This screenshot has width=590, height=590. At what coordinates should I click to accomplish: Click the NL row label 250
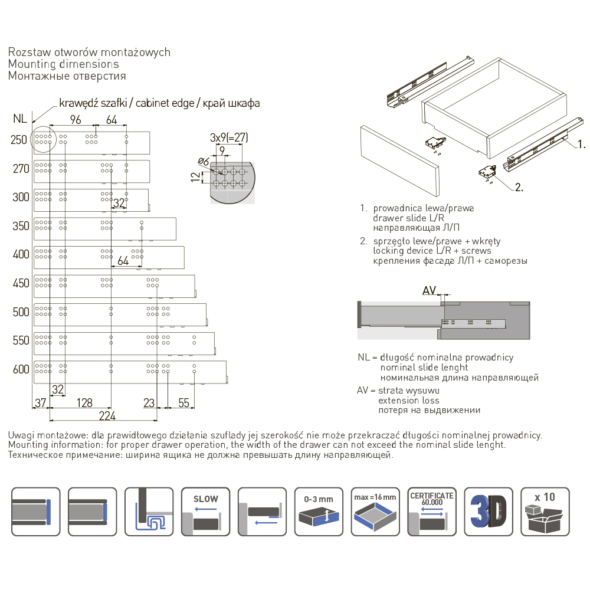pos(20,140)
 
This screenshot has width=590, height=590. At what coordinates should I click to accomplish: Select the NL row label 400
pos(21,254)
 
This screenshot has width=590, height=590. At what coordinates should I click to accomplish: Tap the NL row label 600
pos(21,369)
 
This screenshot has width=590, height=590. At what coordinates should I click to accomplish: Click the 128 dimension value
pos(84,402)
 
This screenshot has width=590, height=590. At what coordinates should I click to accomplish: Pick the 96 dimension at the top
pos(75,119)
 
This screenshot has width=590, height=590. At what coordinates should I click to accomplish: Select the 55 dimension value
pos(183,402)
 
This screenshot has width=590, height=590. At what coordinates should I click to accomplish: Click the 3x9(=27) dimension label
pos(229,137)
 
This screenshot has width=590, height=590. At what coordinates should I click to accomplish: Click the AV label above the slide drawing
pos(429,290)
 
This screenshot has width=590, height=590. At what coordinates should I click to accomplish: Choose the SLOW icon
pos(205,511)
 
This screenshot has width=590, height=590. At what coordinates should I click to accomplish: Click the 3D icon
pos(489,511)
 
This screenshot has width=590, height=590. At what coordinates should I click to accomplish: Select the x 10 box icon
pos(545,511)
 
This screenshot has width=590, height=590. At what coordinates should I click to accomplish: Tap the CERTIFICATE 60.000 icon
pos(432,511)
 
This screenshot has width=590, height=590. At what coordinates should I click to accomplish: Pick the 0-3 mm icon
pos(319,511)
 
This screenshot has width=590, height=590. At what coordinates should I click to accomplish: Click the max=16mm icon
pos(375,511)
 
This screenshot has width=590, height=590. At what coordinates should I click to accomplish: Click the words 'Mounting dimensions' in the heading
pos(64,64)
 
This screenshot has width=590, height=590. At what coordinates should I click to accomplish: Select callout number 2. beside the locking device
pos(519,188)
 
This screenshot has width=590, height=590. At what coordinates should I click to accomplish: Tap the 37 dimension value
pos(40,402)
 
